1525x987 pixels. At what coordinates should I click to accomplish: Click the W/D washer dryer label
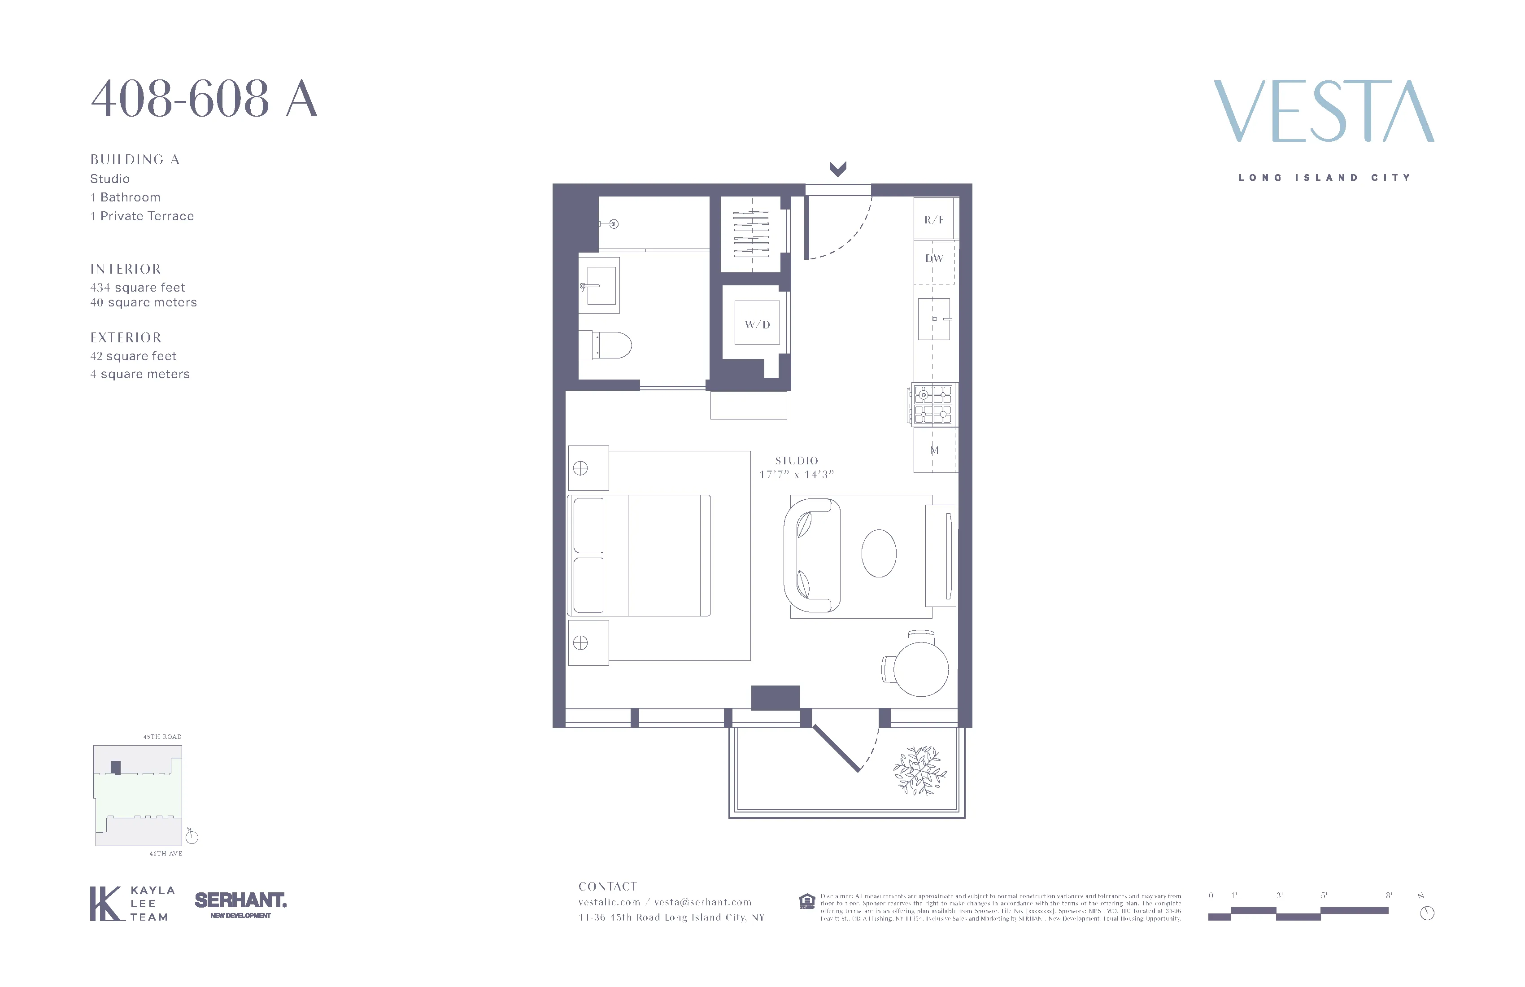(x=757, y=324)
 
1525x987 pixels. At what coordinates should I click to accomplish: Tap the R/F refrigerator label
(x=933, y=220)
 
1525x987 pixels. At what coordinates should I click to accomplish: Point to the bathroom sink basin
(x=601, y=286)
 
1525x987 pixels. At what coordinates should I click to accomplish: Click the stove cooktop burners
(x=933, y=404)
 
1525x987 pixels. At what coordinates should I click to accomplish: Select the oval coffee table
(x=879, y=553)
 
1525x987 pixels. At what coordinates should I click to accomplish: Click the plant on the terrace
(x=920, y=770)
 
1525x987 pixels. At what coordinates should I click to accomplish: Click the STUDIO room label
(x=797, y=461)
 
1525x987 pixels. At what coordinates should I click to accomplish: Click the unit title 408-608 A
(x=204, y=99)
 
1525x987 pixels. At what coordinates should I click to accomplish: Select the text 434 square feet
(x=137, y=288)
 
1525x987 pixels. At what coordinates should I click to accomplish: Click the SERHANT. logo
(x=240, y=900)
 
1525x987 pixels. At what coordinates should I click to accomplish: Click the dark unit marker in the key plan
(x=115, y=767)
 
